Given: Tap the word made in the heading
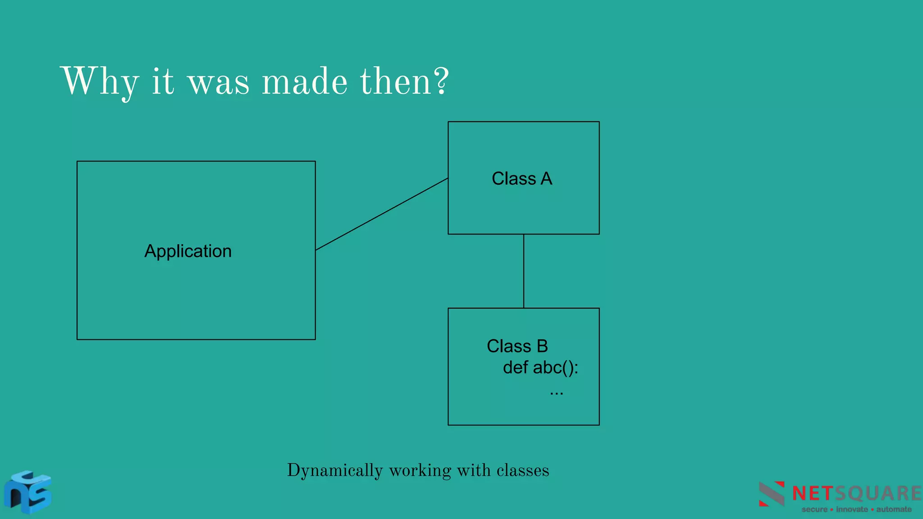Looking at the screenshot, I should pos(305,82).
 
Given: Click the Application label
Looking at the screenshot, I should pos(188,251).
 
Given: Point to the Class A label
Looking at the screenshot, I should pos(522,178).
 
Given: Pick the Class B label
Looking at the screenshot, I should pos(517,346).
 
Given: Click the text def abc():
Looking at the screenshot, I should pos(540,368).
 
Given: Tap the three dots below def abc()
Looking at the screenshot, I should pos(557,392).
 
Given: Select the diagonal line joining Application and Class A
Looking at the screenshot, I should pos(382,214).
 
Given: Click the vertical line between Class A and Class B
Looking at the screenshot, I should pos(524,271).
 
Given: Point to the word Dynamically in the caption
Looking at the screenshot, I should pos(335,470).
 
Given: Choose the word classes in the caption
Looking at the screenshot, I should pos(523,470).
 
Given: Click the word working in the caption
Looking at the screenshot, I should pos(420,470).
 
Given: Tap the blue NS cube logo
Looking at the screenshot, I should pos(28,492).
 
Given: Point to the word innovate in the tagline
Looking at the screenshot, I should pos(852,510).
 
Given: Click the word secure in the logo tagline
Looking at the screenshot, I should pos(814,510).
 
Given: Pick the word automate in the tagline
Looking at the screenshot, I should pos(894,510).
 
